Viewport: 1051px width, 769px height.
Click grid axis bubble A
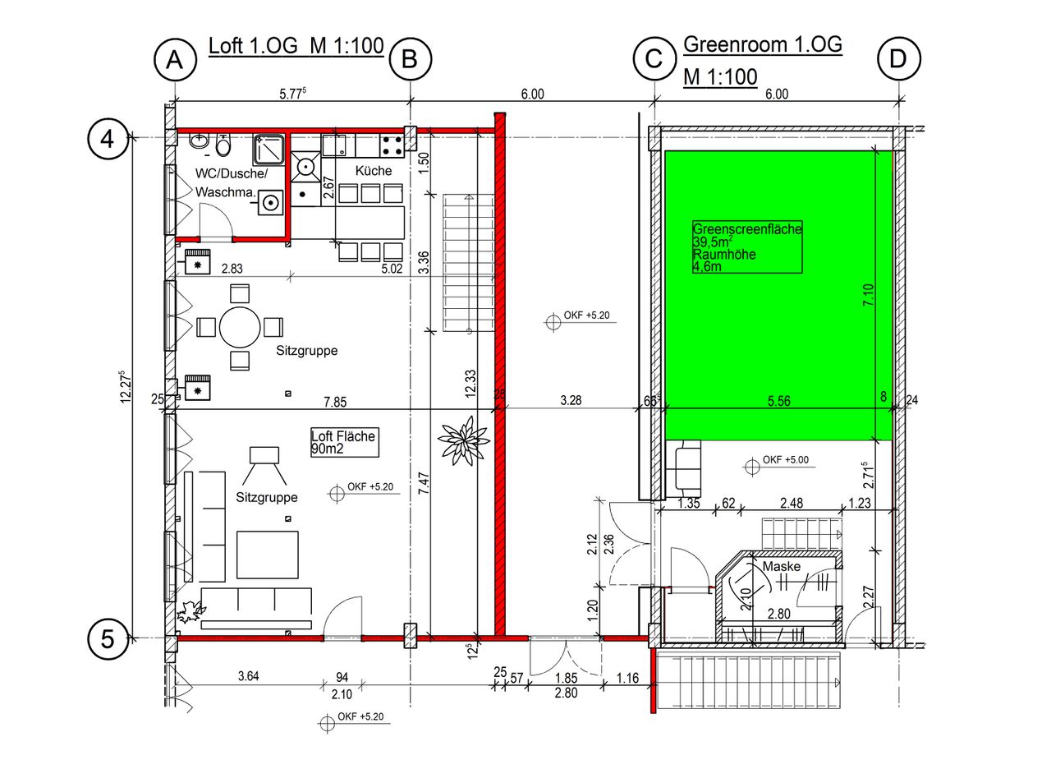coord(174,59)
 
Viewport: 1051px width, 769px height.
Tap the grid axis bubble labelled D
coord(898,59)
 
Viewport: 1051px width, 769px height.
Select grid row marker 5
coord(108,638)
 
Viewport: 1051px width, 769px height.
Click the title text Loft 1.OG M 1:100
coord(296,46)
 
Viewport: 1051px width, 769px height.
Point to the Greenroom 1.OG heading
coord(763,45)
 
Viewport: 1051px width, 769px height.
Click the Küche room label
coord(374,171)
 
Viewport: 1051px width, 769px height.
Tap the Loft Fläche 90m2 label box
coord(343,443)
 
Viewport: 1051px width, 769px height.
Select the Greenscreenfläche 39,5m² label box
coord(747,247)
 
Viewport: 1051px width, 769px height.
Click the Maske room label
coord(781,567)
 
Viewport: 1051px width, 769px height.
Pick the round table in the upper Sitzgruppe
coord(240,327)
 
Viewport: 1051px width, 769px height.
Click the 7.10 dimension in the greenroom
coord(869,294)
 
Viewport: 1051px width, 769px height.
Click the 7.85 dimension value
coord(335,402)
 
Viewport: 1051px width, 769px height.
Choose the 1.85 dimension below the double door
coord(565,678)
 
